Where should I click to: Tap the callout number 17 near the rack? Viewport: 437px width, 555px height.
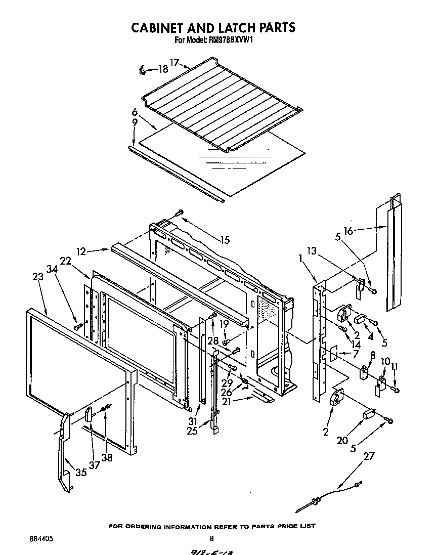(x=174, y=63)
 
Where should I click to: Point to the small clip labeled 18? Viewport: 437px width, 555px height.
(x=142, y=70)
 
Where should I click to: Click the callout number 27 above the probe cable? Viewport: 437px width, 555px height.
(x=369, y=456)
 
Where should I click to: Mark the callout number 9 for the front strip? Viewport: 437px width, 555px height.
(x=135, y=122)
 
